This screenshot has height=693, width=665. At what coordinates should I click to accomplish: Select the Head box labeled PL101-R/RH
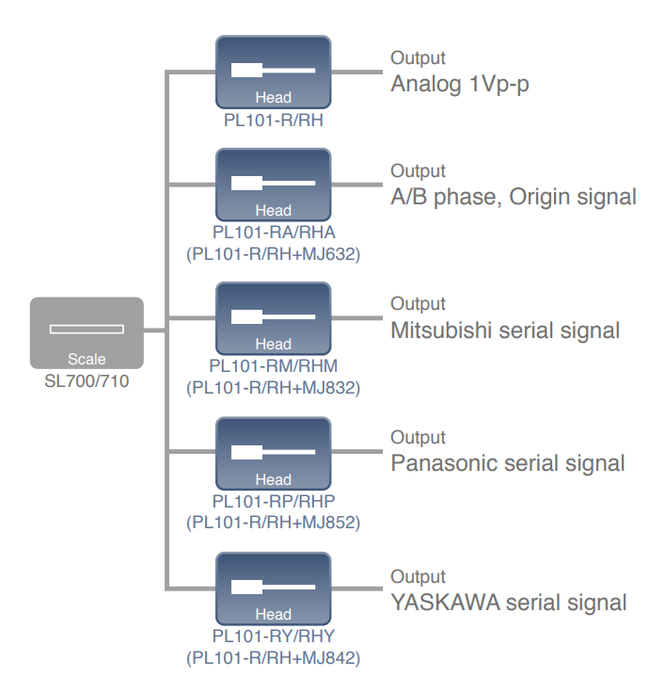click(273, 72)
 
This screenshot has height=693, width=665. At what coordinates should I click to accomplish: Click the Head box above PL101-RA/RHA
click(273, 185)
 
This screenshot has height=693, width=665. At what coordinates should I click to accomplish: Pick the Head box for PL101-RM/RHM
click(273, 318)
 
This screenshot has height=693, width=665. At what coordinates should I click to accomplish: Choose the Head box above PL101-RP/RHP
click(273, 453)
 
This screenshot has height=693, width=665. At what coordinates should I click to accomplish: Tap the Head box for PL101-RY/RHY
click(273, 588)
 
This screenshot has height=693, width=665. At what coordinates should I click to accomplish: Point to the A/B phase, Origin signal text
click(514, 197)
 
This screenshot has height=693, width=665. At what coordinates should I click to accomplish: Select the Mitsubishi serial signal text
click(505, 330)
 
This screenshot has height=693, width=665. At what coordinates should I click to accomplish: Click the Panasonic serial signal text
click(508, 463)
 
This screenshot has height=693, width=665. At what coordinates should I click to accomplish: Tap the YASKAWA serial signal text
click(509, 602)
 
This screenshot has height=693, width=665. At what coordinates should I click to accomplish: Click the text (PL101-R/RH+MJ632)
click(273, 253)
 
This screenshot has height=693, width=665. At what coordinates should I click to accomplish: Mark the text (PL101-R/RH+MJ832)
click(273, 387)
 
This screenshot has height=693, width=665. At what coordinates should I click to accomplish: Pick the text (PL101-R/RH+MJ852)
click(273, 522)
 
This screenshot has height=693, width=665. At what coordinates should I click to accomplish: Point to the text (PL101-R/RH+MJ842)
click(273, 657)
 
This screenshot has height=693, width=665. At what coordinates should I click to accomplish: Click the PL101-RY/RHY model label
click(273, 637)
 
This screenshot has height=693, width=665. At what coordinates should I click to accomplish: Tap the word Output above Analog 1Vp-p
click(418, 58)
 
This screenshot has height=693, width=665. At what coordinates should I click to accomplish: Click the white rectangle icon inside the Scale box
click(87, 329)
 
